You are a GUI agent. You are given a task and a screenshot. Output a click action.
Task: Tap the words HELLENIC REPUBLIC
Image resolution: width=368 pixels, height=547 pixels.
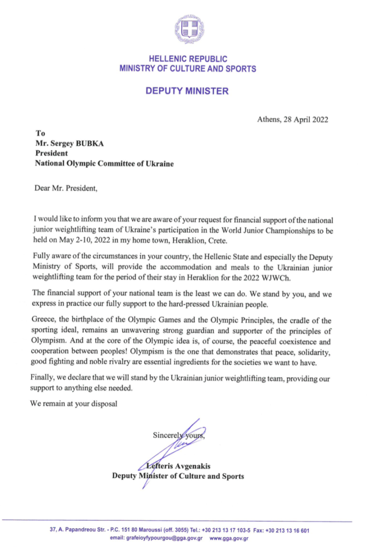click(x=187, y=59)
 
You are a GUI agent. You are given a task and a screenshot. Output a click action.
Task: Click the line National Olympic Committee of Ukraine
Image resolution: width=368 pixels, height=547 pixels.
click(x=105, y=163)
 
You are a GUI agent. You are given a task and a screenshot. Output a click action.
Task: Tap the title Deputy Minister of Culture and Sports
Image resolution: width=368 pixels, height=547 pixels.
click(x=177, y=476)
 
